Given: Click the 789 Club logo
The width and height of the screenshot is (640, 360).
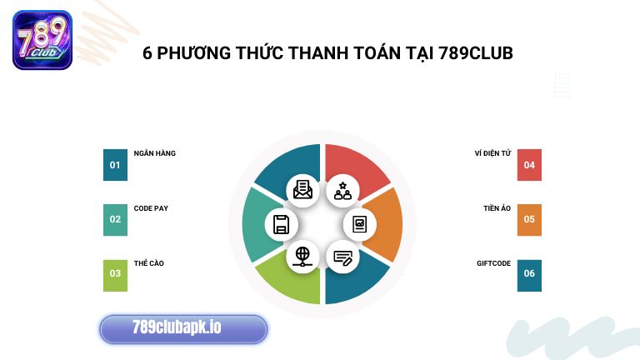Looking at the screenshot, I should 42,39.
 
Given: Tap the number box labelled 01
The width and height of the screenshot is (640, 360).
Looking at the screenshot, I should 115,165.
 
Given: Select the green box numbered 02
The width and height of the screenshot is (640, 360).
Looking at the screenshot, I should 115,220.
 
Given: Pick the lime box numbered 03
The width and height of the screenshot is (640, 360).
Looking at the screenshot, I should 115,274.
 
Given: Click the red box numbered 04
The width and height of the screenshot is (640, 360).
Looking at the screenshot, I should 529,165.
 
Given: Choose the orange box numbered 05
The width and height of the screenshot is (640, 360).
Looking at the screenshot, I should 529,220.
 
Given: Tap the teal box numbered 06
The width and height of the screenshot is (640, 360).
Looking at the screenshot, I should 529,274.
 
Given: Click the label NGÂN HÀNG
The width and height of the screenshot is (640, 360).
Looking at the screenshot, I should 154,153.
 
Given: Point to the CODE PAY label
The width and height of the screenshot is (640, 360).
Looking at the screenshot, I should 151,208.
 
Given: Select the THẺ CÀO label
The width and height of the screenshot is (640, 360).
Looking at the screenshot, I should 148,263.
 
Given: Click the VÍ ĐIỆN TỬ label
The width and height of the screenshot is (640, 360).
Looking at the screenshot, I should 492,153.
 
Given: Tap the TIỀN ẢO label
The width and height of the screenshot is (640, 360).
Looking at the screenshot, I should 497,208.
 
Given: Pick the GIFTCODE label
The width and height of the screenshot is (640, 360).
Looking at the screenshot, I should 493,263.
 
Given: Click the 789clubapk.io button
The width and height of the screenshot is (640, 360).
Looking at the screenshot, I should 183,328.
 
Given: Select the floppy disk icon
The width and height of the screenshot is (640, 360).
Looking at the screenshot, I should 282,224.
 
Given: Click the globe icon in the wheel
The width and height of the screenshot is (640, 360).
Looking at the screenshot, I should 302,256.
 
